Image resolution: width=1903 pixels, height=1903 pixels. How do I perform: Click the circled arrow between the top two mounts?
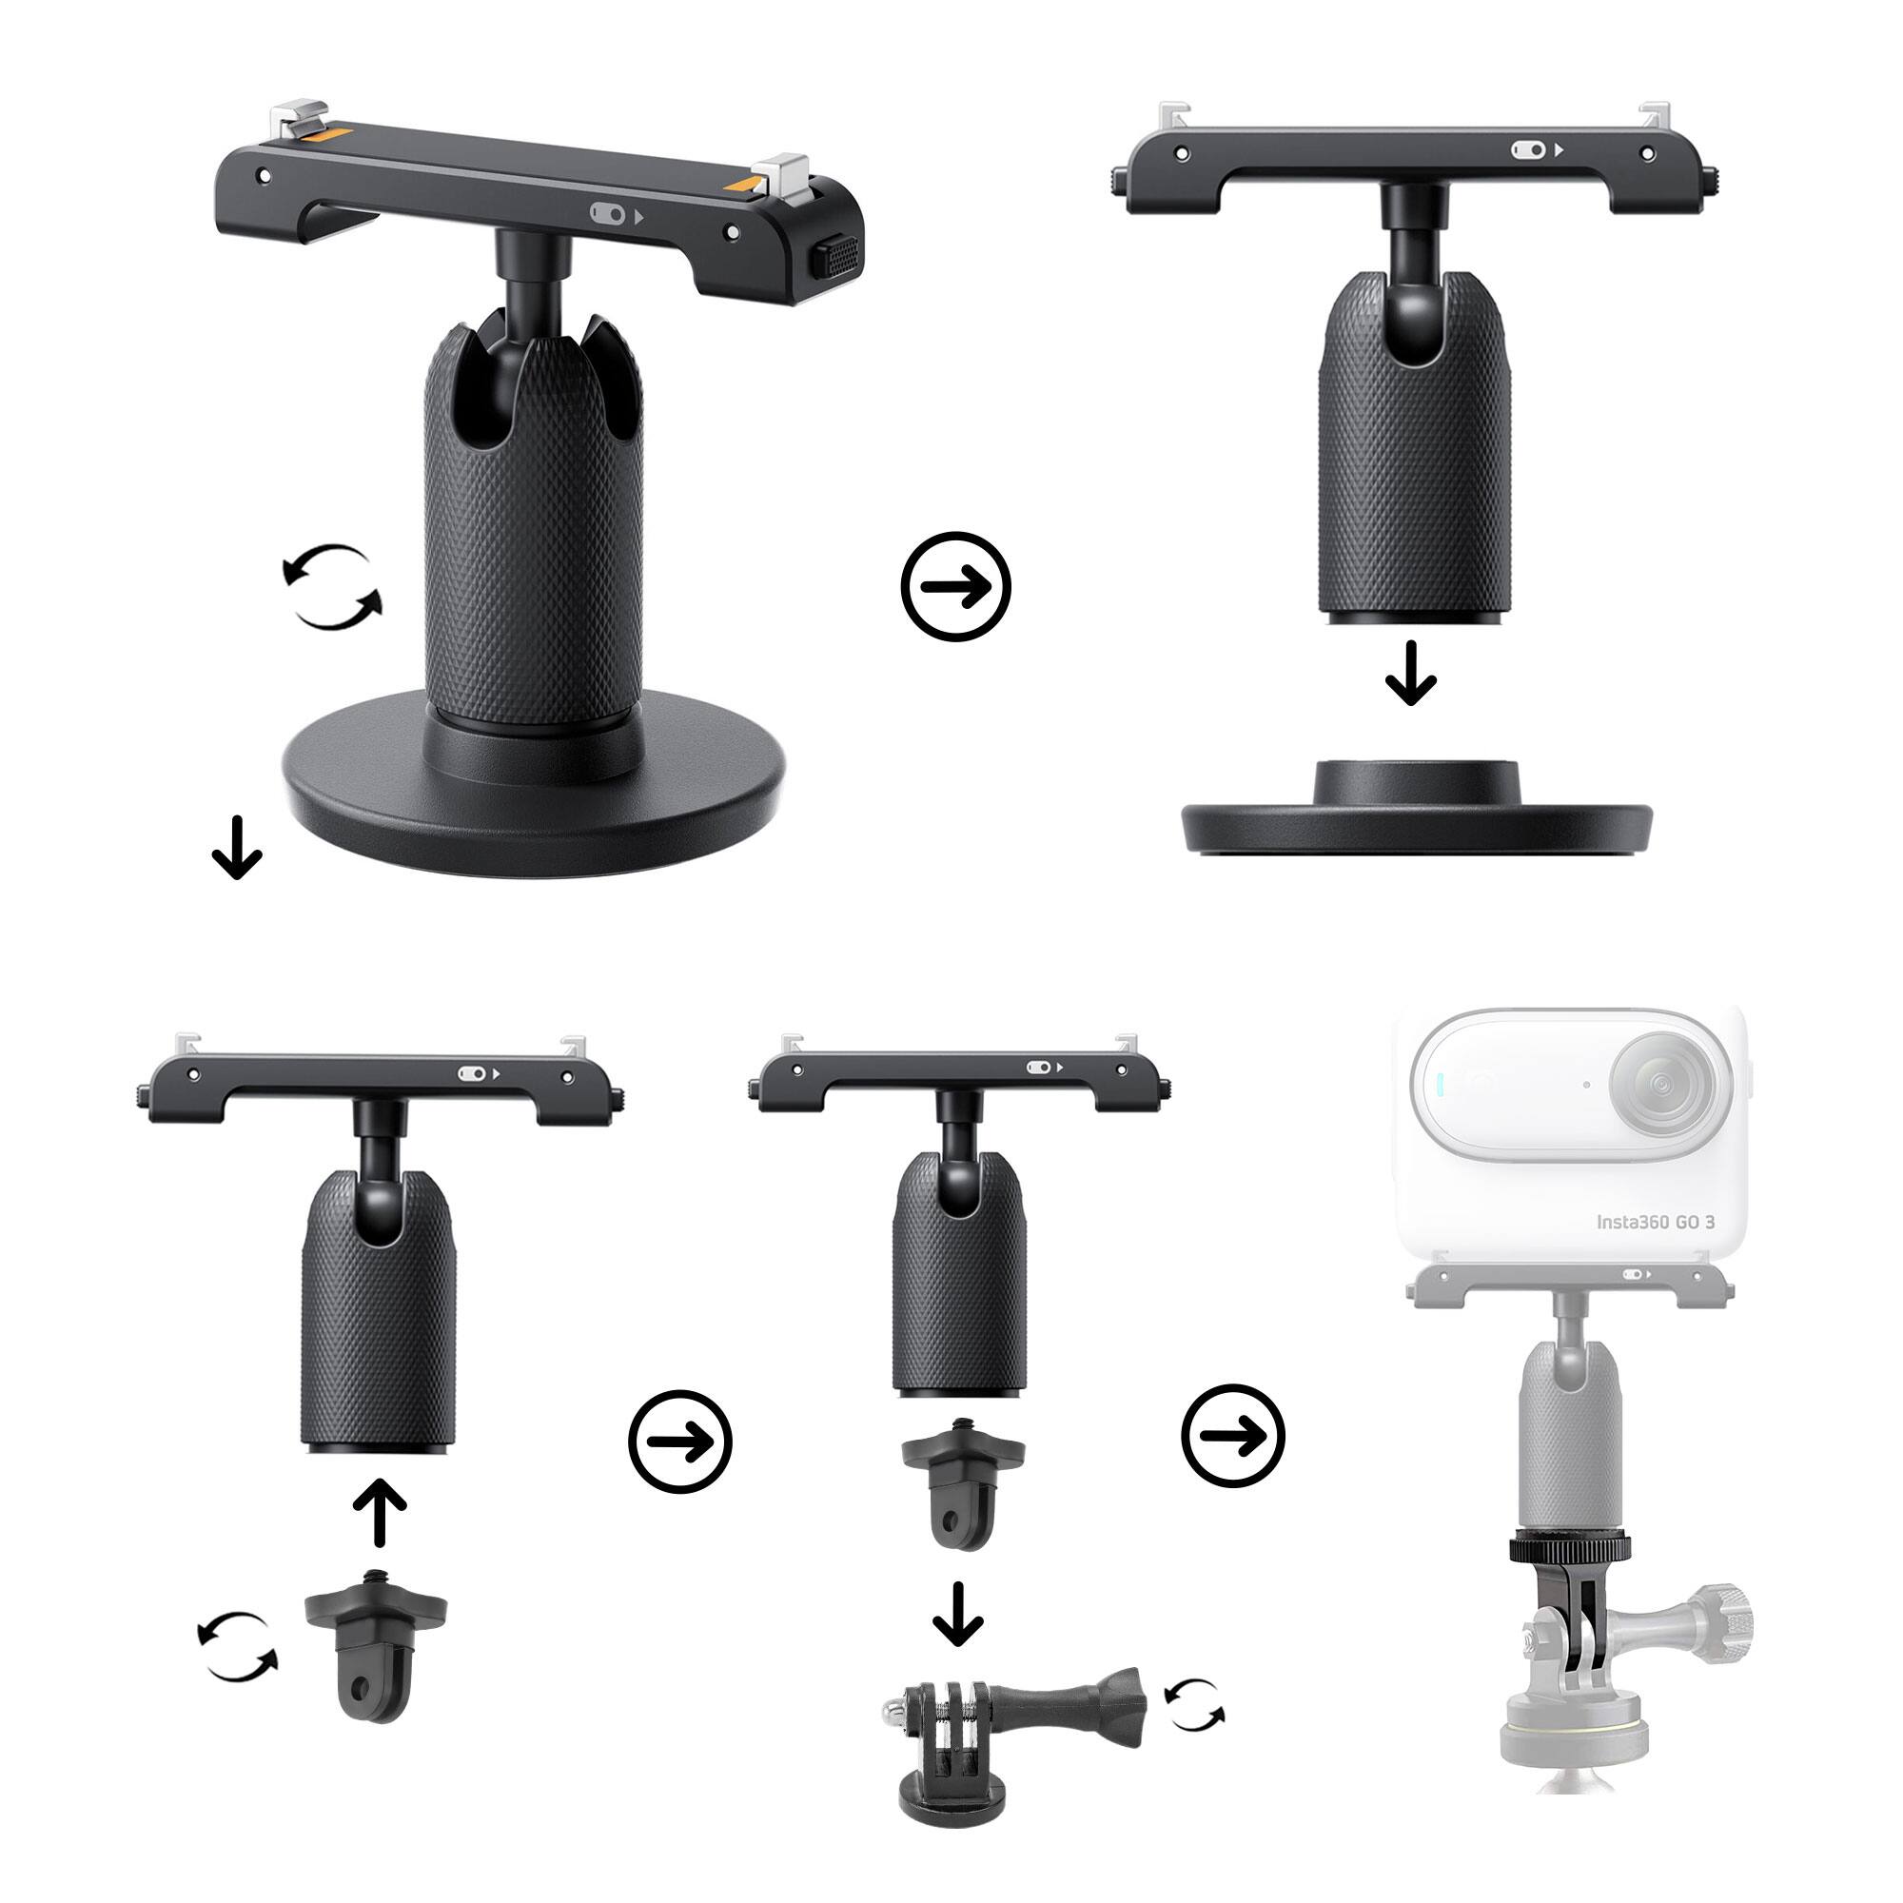pyautogui.click(x=955, y=587)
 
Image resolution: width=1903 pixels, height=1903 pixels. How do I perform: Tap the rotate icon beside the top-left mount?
pyautogui.click(x=332, y=587)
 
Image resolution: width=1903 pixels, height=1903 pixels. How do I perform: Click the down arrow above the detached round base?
pyautogui.click(x=1410, y=673)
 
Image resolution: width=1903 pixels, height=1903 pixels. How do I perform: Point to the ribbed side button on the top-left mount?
pyautogui.click(x=835, y=259)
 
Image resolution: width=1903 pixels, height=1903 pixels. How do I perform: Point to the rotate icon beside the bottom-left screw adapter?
pyautogui.click(x=237, y=1646)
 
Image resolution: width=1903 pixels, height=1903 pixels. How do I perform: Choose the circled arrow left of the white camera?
pyautogui.click(x=1233, y=1435)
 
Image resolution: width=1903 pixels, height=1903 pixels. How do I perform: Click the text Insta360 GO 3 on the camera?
pyautogui.click(x=1655, y=1223)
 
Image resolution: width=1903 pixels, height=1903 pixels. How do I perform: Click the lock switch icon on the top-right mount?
pyautogui.click(x=1528, y=149)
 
